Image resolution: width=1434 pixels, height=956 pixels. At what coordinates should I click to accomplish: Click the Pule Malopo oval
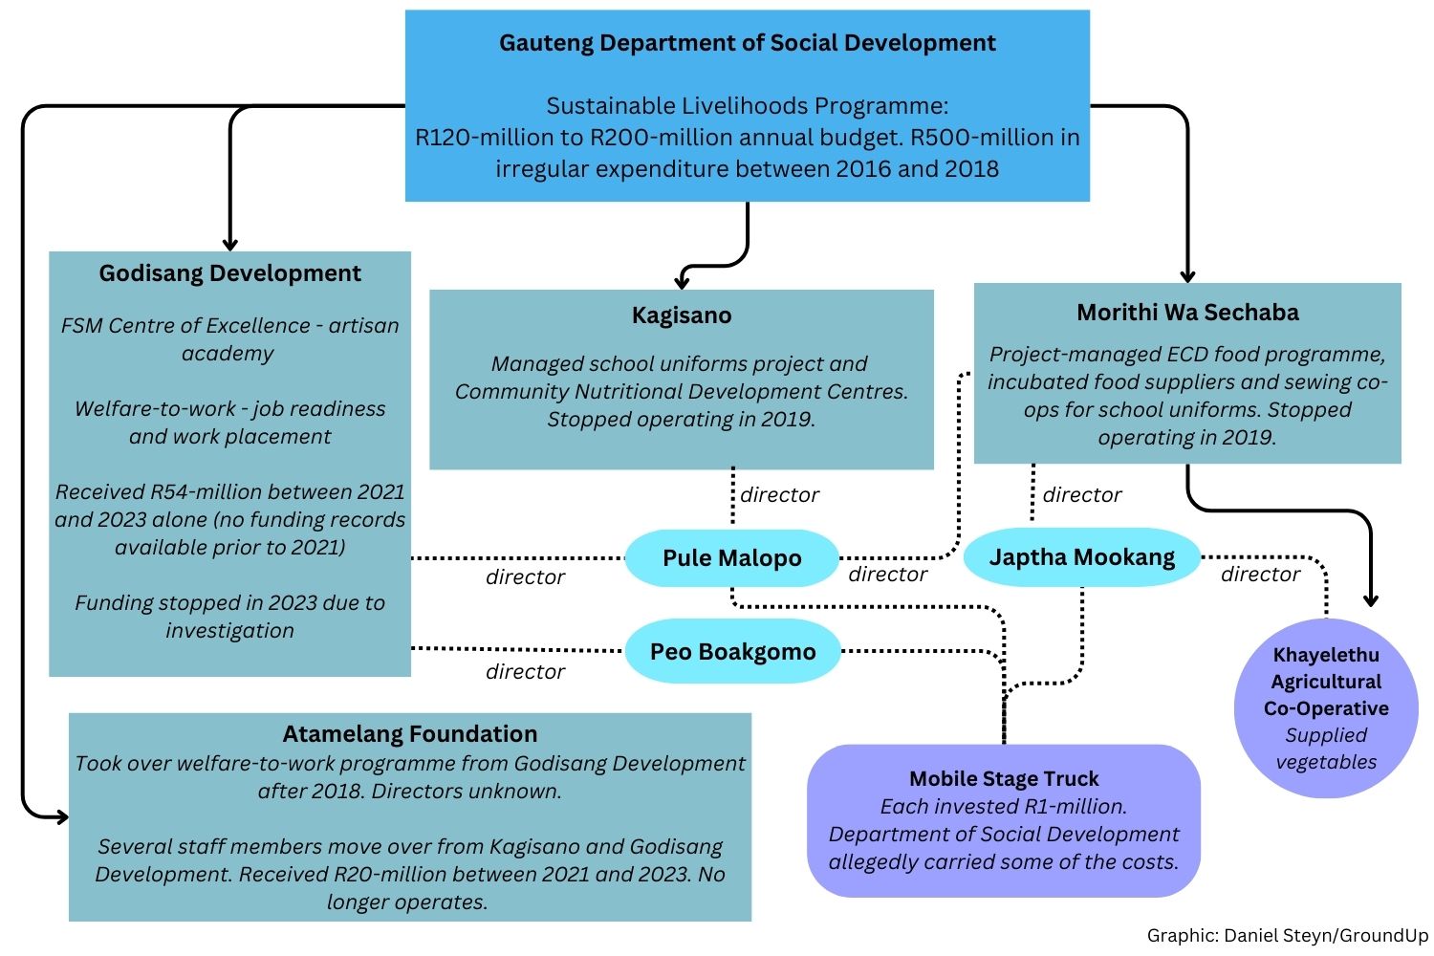(x=731, y=558)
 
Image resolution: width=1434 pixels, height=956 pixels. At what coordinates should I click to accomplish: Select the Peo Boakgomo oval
(x=732, y=652)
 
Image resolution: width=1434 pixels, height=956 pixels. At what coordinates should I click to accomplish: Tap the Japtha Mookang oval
(x=1081, y=557)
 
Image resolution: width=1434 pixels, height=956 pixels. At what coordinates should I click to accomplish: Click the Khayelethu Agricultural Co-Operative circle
(x=1326, y=707)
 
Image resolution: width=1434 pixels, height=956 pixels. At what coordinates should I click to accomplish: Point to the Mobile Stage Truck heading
(x=1004, y=778)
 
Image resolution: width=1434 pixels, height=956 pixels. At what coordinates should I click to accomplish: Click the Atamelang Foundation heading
(x=410, y=734)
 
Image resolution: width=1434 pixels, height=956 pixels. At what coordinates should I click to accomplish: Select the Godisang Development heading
(x=229, y=273)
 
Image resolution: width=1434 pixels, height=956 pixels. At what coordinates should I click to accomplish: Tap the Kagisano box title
(x=682, y=315)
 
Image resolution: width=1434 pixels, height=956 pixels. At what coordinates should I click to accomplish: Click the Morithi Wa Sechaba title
(x=1187, y=313)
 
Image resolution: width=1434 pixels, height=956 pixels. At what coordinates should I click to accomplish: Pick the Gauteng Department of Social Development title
(x=747, y=43)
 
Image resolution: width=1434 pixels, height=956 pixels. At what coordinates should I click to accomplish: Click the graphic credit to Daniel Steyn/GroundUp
(x=1287, y=936)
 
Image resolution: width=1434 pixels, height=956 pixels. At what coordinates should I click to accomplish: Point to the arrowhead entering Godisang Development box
(x=229, y=244)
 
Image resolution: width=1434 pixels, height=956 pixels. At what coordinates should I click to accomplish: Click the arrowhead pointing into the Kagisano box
(x=682, y=282)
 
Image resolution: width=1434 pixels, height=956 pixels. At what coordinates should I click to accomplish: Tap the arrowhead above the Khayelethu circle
(x=1371, y=599)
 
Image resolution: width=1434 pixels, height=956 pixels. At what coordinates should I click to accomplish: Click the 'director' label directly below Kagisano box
(x=779, y=495)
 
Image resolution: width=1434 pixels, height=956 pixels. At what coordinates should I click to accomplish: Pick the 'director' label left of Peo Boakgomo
(x=525, y=672)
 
